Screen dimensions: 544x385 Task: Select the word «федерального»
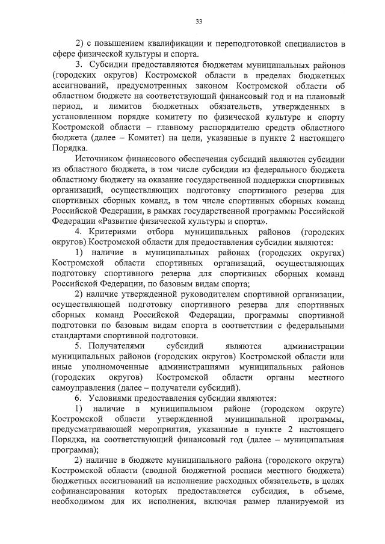pyautogui.click(x=266, y=172)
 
